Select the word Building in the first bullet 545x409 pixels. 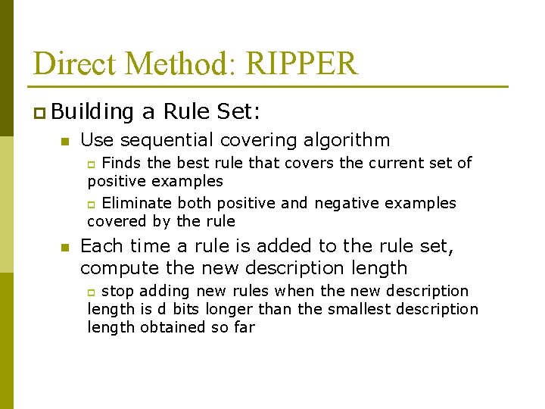[x=93, y=112]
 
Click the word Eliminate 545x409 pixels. [x=138, y=203]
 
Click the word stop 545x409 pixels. [x=118, y=291]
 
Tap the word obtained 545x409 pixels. [x=173, y=327]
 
